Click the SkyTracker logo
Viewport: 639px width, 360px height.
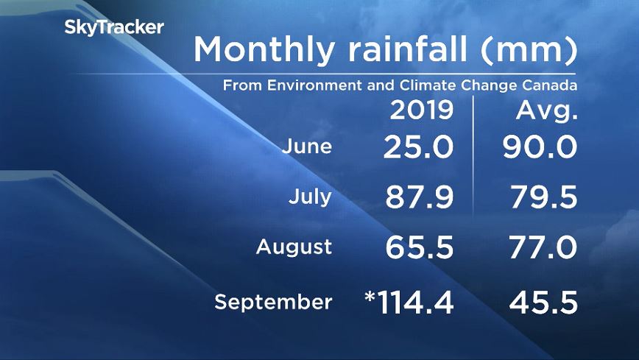tap(113, 28)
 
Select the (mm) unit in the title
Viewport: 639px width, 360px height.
tap(529, 50)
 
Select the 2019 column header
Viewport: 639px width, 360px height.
tap(420, 111)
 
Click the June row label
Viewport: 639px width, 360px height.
tap(307, 147)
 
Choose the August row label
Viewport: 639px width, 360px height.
tap(294, 247)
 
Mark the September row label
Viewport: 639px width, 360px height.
tap(273, 302)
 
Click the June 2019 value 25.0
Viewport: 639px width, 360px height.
tap(418, 147)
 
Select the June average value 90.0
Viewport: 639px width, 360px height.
tap(540, 147)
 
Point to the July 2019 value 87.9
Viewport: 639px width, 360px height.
tap(417, 197)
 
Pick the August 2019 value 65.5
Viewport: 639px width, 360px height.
tap(417, 247)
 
